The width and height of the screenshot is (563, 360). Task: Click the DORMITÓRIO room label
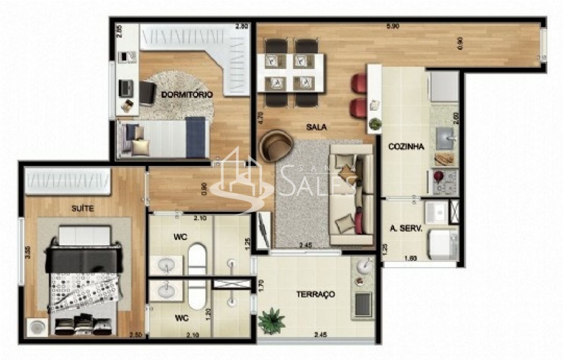click(187, 95)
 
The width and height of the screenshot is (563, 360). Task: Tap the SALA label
click(317, 127)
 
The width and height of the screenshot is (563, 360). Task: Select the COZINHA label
click(406, 147)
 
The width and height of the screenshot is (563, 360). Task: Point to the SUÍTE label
click(83, 209)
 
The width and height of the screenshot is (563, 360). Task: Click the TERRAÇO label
click(315, 294)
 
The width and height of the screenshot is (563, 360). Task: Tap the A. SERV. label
click(406, 229)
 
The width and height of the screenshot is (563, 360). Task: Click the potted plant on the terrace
click(271, 320)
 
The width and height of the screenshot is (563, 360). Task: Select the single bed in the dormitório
click(163, 137)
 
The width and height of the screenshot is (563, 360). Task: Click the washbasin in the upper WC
click(166, 265)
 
